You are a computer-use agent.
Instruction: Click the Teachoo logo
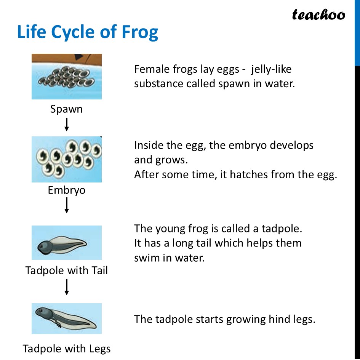coord(318,15)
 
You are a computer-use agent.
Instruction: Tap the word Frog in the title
coord(140,32)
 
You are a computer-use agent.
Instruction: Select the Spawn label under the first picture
coord(66,109)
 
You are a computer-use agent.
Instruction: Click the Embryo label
coord(66,190)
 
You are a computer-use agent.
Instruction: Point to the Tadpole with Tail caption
coord(66,270)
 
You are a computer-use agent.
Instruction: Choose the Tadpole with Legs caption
coord(66,349)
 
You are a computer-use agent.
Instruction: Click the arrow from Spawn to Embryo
coord(67,125)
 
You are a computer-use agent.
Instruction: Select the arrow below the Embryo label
coord(67,205)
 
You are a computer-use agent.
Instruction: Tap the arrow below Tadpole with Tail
coord(67,287)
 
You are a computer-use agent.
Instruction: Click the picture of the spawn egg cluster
coord(66,76)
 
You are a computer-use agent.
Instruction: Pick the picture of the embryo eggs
coord(66,159)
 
